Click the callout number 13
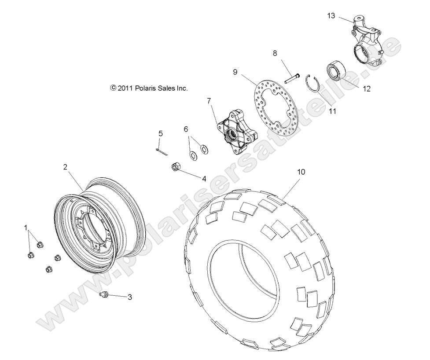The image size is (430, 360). pyautogui.click(x=331, y=16)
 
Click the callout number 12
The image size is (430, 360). pyautogui.click(x=366, y=88)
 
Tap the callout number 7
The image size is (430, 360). pyautogui.click(x=209, y=101)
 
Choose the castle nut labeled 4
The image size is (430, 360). pyautogui.click(x=175, y=167)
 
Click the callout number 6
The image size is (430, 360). pyautogui.click(x=185, y=129)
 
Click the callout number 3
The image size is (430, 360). pyautogui.click(x=129, y=297)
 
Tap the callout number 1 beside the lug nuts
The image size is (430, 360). pyautogui.click(x=26, y=228)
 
